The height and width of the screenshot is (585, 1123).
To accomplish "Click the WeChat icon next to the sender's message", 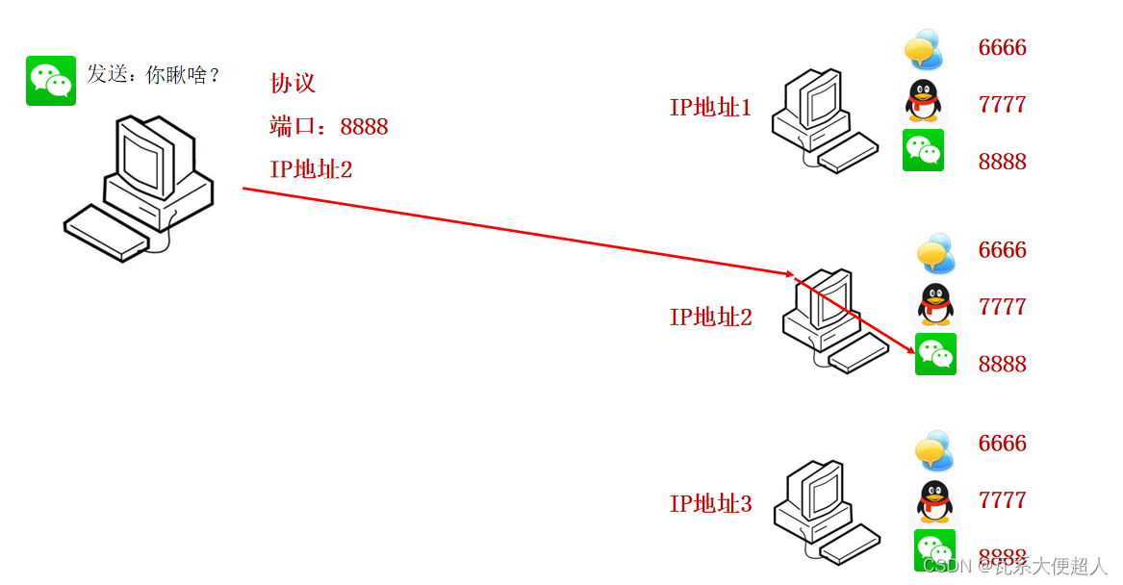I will click(51, 81).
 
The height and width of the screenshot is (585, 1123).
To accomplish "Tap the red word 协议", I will click(293, 84).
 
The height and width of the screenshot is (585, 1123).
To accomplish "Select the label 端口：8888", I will click(329, 127).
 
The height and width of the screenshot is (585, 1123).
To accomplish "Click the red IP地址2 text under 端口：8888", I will click(311, 170).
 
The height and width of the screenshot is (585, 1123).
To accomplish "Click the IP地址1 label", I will click(710, 108).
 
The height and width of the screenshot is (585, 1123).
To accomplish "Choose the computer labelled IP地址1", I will click(823, 120).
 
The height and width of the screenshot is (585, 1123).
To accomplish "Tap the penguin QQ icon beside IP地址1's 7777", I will click(923, 102).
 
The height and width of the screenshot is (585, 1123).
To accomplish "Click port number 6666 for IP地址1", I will click(1002, 48).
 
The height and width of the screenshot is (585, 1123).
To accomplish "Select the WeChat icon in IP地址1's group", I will click(923, 150).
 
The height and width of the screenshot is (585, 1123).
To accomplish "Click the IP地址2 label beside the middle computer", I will click(710, 317).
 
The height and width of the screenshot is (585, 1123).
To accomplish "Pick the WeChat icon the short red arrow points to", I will click(935, 354).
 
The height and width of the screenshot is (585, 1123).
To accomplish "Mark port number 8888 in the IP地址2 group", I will click(1002, 365).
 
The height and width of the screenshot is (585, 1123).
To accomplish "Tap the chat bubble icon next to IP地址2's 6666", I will click(934, 253).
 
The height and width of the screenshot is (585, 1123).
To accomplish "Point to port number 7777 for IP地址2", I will click(1002, 307).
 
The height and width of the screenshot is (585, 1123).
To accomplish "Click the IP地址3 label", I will click(710, 504).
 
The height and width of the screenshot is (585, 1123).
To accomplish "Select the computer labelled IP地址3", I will click(826, 511).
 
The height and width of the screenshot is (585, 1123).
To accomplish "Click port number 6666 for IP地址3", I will click(1002, 444).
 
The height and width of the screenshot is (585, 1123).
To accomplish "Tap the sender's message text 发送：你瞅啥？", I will click(154, 75).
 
